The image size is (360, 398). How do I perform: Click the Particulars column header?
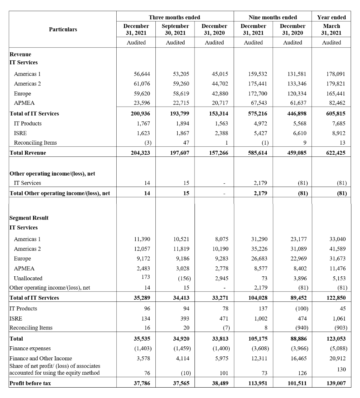coord(63,29)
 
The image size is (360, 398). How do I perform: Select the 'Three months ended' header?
coord(174,17)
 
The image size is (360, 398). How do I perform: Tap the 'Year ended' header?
coord(331,17)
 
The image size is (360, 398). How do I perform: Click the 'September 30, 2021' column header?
coord(175,29)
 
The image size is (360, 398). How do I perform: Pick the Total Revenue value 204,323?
coord(141,153)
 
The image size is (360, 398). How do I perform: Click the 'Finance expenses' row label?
coord(30,348)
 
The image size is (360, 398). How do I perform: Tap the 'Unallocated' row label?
coord(28,278)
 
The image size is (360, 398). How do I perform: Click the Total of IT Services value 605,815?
coord(336,113)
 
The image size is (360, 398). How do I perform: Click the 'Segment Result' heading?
coord(29,218)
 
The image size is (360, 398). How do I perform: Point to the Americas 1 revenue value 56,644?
coord(141,74)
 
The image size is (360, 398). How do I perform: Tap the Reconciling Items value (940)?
coord(299,328)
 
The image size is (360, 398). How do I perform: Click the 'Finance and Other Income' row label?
coord(41,358)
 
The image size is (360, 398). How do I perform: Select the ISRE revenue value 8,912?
coord(338,133)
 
